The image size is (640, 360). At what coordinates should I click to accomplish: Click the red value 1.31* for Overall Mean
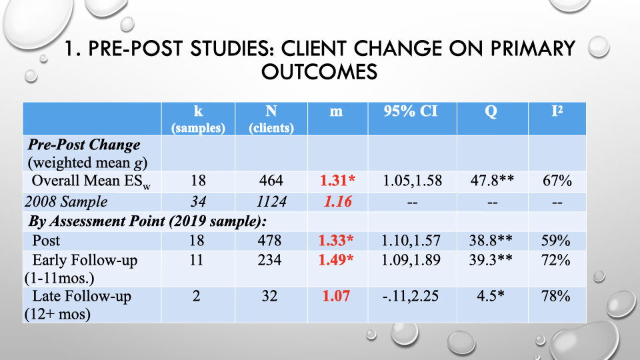click(x=337, y=181)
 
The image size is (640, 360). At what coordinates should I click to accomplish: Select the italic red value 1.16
click(x=337, y=201)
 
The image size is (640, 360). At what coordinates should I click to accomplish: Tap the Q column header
click(x=491, y=111)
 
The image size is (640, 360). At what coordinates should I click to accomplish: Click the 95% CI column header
click(x=411, y=111)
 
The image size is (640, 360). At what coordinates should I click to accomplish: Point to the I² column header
click(x=557, y=111)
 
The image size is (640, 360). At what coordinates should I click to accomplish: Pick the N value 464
click(x=271, y=181)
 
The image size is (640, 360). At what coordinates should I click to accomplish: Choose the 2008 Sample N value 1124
click(x=271, y=201)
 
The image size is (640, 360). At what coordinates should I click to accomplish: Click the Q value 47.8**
click(x=492, y=180)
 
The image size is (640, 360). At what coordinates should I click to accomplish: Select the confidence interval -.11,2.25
click(x=411, y=296)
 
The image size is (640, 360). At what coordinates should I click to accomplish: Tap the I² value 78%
click(x=556, y=296)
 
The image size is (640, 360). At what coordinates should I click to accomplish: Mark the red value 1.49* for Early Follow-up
click(x=336, y=259)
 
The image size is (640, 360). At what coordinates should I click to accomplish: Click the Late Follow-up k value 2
click(x=196, y=296)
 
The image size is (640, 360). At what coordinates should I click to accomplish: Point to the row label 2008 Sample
click(x=66, y=201)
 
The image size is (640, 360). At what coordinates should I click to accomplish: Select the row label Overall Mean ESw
click(x=91, y=181)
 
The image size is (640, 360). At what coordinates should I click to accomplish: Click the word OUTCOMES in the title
click(x=319, y=72)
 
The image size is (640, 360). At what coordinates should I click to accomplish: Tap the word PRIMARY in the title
click(x=533, y=48)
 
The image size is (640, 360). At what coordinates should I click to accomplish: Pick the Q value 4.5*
click(x=491, y=296)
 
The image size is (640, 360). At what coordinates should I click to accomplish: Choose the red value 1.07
click(x=336, y=296)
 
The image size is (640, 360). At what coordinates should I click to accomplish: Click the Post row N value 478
click(x=269, y=241)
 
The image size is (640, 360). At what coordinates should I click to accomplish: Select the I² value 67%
click(x=557, y=181)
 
